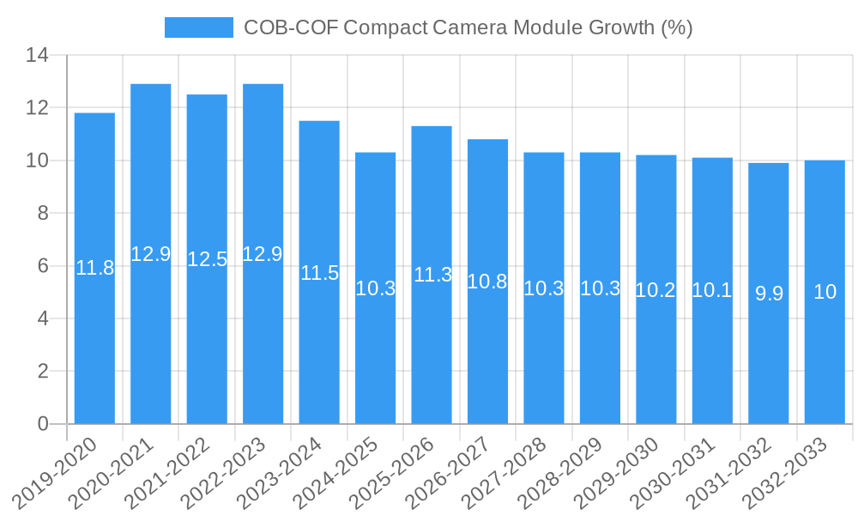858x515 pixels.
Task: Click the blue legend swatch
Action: click(x=198, y=27)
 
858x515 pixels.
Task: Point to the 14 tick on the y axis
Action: click(x=37, y=56)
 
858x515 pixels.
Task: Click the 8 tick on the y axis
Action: click(x=42, y=214)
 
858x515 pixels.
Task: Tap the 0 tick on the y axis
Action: click(x=42, y=424)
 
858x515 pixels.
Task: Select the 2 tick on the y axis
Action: click(x=42, y=372)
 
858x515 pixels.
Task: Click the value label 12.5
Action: click(x=207, y=259)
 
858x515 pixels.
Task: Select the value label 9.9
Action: click(x=769, y=294)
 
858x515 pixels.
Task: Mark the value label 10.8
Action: click(x=487, y=282)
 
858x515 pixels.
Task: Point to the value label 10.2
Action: click(x=656, y=290)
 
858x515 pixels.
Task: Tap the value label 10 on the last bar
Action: click(x=825, y=292)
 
